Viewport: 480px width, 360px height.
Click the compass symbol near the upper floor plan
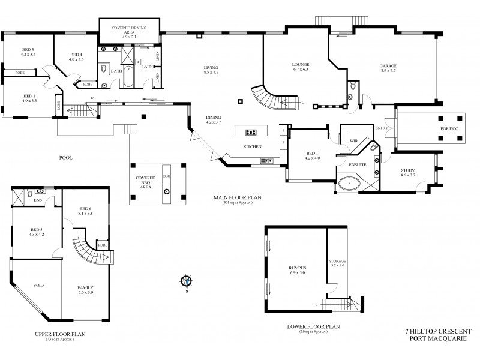187,280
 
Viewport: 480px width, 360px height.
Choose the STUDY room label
408,172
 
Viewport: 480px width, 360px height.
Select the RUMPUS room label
298,269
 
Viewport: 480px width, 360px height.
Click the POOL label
65,158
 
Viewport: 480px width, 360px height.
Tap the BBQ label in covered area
167,176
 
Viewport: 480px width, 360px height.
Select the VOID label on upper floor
38,285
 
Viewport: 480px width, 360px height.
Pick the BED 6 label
85,209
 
